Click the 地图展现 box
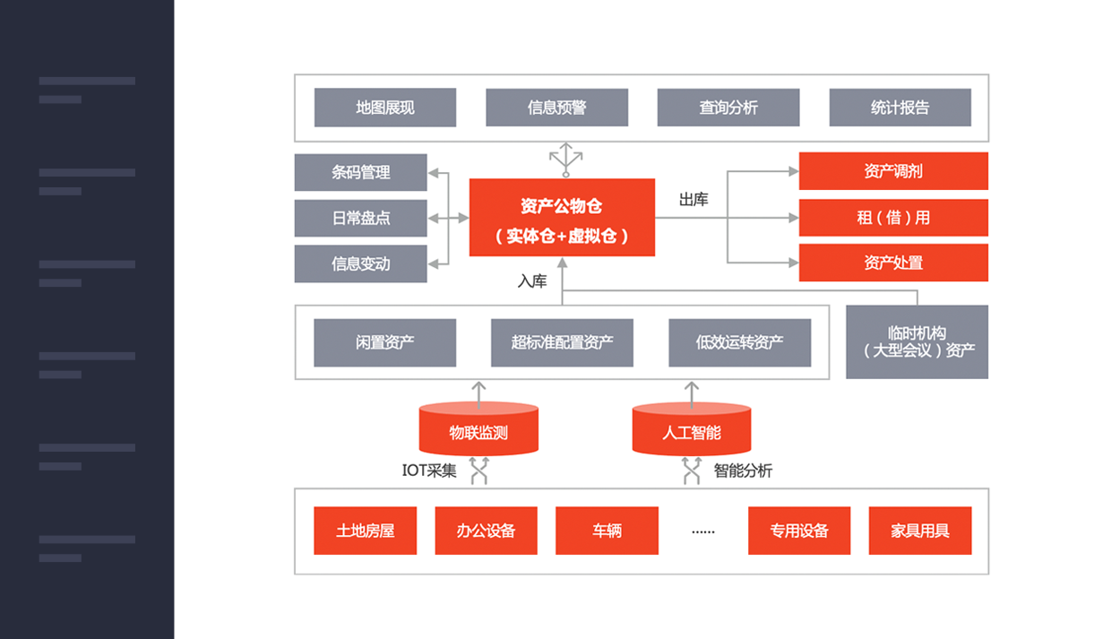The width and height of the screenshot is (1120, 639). point(384,108)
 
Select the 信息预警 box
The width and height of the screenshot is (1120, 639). point(556,108)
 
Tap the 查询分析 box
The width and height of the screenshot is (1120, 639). point(728,108)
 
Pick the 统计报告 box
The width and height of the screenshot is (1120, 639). point(900,108)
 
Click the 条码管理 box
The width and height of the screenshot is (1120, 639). point(360,172)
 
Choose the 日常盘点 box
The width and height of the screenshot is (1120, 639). point(360,218)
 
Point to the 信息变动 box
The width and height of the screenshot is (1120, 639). point(360,263)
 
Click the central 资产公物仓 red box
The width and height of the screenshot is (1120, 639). point(562,218)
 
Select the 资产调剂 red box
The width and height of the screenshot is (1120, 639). point(893,171)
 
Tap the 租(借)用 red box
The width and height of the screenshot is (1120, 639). point(893,218)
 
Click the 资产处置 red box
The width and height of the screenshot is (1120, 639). point(893,263)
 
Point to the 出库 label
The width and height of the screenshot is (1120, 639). point(694,200)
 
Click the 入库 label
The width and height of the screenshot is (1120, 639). point(532,281)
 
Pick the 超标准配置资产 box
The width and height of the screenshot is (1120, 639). point(562,342)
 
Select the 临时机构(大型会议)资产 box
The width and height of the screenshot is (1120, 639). point(917,341)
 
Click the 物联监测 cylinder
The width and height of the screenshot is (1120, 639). point(478,431)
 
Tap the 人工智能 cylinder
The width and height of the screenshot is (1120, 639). point(691,431)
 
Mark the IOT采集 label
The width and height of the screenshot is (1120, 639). point(429,471)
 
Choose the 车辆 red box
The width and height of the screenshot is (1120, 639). point(607,531)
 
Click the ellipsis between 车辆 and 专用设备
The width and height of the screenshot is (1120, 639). point(703,531)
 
